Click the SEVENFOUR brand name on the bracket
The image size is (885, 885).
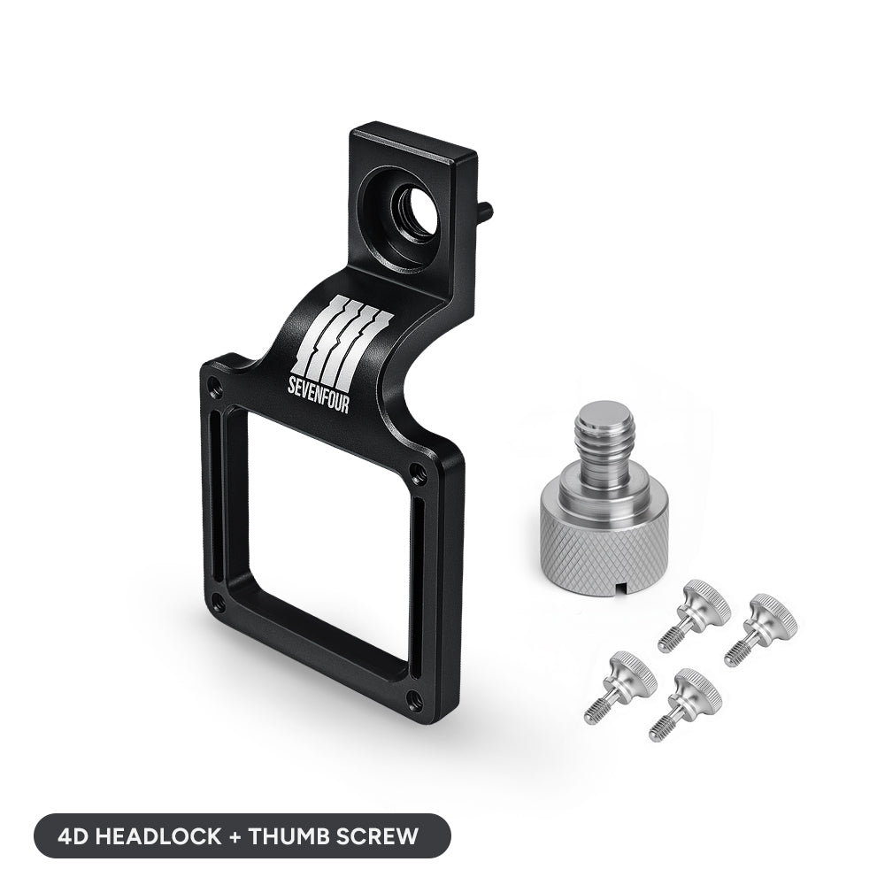click(319, 395)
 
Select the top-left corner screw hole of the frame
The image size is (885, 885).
click(214, 388)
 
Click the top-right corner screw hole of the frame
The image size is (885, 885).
click(418, 473)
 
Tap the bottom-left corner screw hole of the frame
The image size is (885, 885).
click(219, 604)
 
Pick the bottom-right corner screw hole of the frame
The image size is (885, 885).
click(416, 698)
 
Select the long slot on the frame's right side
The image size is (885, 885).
click(418, 590)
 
